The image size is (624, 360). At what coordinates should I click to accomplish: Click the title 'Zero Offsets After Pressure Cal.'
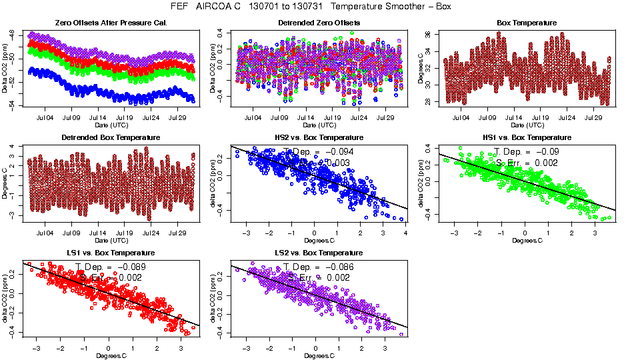point(111,23)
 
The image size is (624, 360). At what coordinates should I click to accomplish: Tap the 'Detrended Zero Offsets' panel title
point(319,23)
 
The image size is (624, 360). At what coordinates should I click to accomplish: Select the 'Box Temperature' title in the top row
point(527,23)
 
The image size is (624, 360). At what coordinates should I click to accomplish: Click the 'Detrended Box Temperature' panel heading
point(111,137)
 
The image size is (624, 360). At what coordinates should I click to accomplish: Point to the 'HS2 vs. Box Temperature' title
point(319,137)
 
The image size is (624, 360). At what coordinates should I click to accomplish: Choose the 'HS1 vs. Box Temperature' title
point(527,137)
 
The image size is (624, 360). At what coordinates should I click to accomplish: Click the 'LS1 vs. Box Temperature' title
point(111,253)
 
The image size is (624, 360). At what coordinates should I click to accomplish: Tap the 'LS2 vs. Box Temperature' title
point(319,253)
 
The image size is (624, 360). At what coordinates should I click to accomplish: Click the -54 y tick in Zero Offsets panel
point(14,104)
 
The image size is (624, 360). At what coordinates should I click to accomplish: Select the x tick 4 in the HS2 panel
point(405,233)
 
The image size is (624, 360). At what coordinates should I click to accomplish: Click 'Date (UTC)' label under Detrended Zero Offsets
point(319,125)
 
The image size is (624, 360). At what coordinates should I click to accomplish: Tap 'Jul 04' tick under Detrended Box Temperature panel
point(45,233)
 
